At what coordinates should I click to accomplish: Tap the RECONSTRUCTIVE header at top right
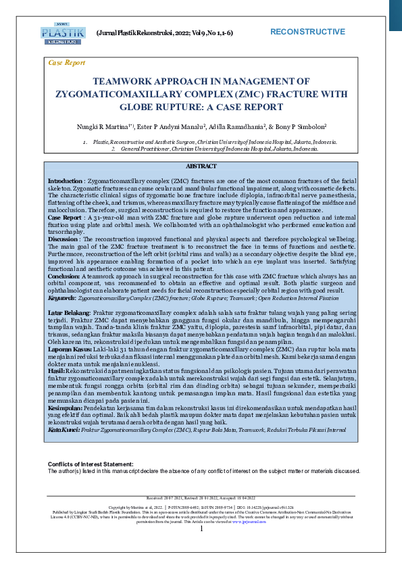307,32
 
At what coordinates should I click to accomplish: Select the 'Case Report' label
67,63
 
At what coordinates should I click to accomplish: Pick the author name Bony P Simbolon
299,126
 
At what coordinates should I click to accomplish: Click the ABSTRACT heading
201,166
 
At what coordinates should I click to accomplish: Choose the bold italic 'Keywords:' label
61,297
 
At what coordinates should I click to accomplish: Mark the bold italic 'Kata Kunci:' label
64,430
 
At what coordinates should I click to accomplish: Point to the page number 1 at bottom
201,547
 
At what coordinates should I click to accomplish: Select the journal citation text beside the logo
165,32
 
